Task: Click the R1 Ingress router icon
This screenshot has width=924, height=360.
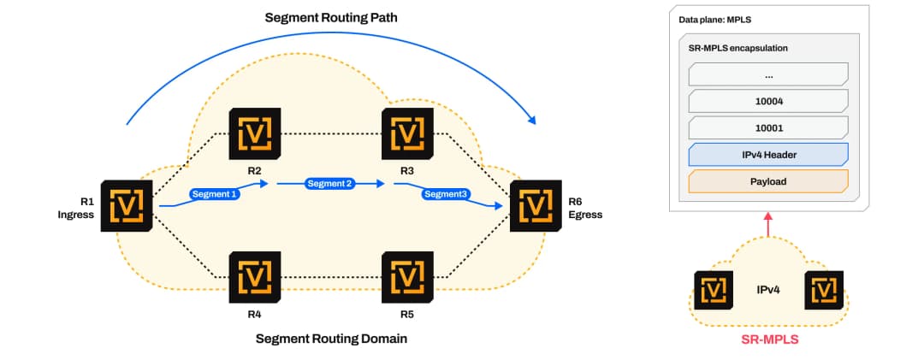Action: coord(127,205)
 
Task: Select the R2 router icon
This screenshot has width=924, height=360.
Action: coord(255,133)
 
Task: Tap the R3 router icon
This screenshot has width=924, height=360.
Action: coord(407,133)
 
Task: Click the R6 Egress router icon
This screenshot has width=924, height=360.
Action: coord(536,205)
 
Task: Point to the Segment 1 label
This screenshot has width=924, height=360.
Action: coord(215,193)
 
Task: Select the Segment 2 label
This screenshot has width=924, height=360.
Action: coord(331,184)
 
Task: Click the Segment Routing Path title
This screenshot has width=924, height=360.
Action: coord(331,18)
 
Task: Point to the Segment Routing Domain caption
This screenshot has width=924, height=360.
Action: coord(331,339)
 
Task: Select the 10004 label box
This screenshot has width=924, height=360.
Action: coord(767,102)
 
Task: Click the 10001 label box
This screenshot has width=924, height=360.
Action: coord(767,128)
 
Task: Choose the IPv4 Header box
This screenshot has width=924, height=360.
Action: coord(767,155)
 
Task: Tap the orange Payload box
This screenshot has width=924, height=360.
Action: coord(767,181)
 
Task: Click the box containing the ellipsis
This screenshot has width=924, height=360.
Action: coord(767,75)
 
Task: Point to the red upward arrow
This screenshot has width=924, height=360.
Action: coord(767,225)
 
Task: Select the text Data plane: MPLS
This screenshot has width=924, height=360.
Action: coord(714,20)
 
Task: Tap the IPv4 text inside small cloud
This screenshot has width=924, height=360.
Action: coord(768,290)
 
